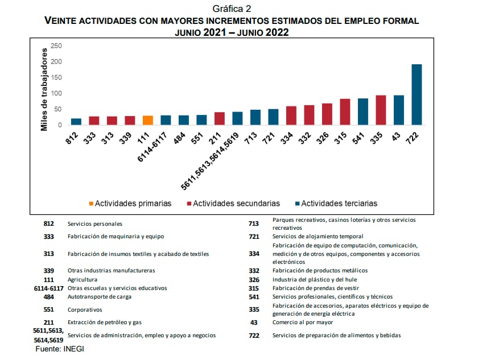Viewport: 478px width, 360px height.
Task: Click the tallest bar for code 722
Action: pyautogui.click(x=417, y=94)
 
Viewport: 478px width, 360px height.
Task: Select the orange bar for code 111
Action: pyautogui.click(x=147, y=120)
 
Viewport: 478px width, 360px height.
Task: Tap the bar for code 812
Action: pyautogui.click(x=76, y=122)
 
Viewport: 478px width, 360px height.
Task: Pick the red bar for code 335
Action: pyautogui.click(x=381, y=110)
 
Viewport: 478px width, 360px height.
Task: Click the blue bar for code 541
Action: pyautogui.click(x=362, y=111)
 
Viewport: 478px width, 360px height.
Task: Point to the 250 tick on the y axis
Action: pyautogui.click(x=56, y=45)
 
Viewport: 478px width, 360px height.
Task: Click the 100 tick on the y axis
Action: pyautogui.click(x=56, y=93)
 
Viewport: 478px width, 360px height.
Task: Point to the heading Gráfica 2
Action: pyautogui.click(x=232, y=9)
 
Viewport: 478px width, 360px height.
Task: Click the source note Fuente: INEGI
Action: pyautogui.click(x=60, y=349)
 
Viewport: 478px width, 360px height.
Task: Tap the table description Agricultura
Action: pyautogui.click(x=83, y=280)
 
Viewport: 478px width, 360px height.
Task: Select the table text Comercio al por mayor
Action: pyautogui.click(x=303, y=322)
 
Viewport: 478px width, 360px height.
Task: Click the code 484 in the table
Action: pyautogui.click(x=49, y=297)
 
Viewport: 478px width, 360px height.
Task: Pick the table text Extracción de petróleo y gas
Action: pyautogui.click(x=105, y=322)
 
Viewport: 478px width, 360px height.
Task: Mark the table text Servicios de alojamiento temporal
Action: pyautogui.click(x=318, y=236)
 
